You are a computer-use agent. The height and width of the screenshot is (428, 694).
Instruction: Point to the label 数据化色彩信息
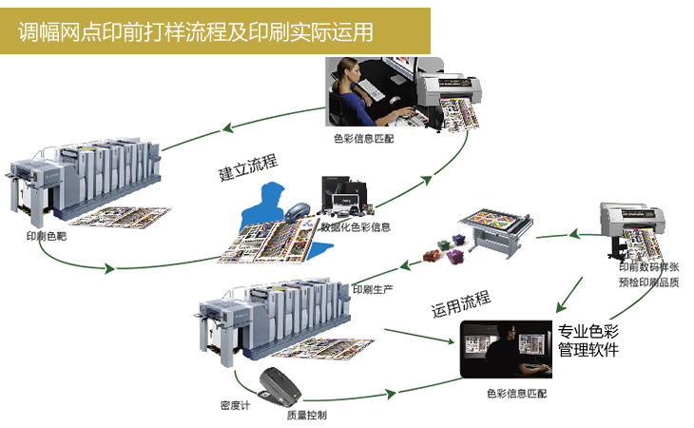pos(355,227)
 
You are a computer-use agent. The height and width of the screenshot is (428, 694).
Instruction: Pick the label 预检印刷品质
pos(646,282)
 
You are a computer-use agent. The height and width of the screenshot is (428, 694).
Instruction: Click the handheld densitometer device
pos(280,382)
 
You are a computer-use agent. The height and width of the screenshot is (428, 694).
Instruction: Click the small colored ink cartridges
pos(443,255)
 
